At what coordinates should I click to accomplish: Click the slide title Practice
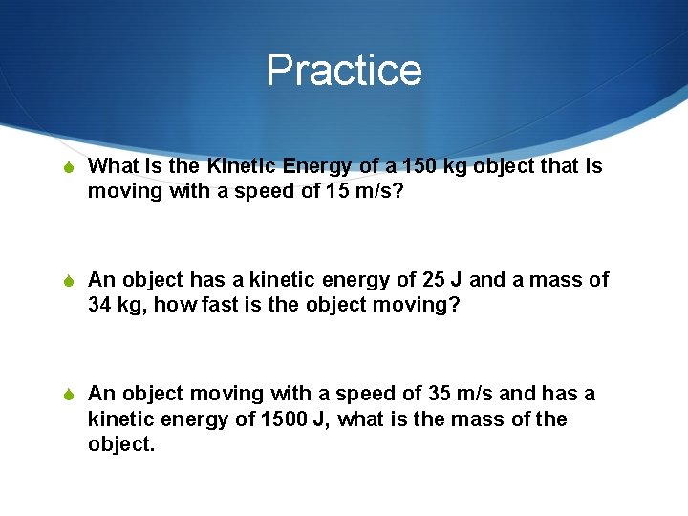click(x=344, y=70)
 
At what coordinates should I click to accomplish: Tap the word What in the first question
click(x=114, y=166)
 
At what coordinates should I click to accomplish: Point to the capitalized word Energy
click(x=319, y=166)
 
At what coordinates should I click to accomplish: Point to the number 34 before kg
click(x=100, y=305)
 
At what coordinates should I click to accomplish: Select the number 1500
click(x=285, y=419)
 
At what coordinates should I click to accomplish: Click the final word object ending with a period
click(x=121, y=444)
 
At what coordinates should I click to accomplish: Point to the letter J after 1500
click(x=322, y=419)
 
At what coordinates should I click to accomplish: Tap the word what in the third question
click(x=363, y=419)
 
